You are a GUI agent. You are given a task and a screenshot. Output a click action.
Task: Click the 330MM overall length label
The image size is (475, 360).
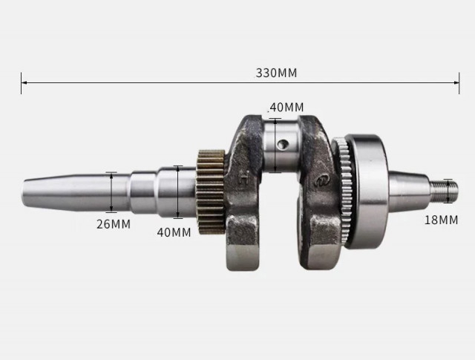276,73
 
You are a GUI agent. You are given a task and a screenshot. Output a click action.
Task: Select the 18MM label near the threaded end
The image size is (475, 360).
441,219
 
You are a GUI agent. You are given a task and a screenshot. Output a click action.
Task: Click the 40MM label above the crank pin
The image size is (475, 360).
286,107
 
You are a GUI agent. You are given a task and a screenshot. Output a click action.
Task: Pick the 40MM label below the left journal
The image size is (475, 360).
174,232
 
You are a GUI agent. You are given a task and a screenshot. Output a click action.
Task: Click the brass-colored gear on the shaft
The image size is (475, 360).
211,191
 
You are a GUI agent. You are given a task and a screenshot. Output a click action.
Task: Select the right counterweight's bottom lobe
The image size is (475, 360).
322,241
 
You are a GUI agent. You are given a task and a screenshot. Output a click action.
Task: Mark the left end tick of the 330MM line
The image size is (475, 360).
22,83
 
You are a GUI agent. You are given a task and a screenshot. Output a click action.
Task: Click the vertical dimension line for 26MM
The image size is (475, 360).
111,192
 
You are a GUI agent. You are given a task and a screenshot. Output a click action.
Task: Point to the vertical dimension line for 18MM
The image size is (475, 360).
447,190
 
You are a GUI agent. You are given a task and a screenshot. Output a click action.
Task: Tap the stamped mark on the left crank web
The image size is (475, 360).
244,178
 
